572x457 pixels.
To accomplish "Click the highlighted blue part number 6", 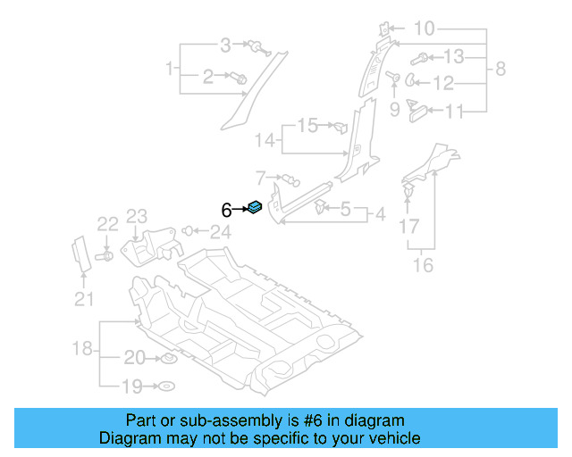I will click(255, 209).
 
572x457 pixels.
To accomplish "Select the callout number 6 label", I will click(227, 210).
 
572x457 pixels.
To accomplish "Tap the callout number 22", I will click(107, 225).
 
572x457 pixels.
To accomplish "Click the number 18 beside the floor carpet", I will click(81, 348).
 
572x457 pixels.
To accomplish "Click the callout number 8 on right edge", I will click(500, 68).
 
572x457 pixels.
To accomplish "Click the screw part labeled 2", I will click(240, 79).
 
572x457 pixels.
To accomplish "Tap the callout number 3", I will click(225, 44).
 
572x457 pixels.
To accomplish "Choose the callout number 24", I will click(220, 233).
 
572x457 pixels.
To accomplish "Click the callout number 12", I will click(444, 84).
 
